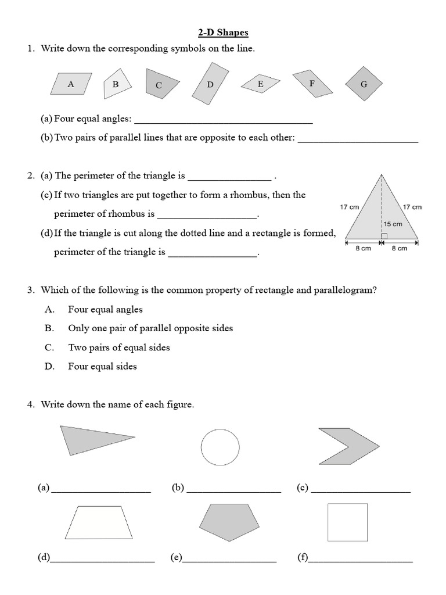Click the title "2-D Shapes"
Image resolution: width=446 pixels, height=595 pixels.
point(223,33)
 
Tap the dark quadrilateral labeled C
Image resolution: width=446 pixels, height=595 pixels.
point(158,84)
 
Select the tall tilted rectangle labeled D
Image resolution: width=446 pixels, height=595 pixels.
point(210,84)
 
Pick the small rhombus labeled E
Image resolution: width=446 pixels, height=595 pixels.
point(260,84)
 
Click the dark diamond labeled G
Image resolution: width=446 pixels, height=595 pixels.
point(364,84)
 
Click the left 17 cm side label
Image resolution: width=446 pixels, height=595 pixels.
point(349,207)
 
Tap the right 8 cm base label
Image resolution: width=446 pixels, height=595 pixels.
point(399,248)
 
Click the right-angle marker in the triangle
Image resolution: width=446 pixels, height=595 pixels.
point(384,236)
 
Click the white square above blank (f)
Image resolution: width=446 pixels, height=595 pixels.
point(347,522)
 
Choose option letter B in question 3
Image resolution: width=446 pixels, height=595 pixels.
point(49,328)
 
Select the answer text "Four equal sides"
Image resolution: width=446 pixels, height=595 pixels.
point(102,367)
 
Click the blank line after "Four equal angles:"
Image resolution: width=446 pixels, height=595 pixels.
point(224,121)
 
